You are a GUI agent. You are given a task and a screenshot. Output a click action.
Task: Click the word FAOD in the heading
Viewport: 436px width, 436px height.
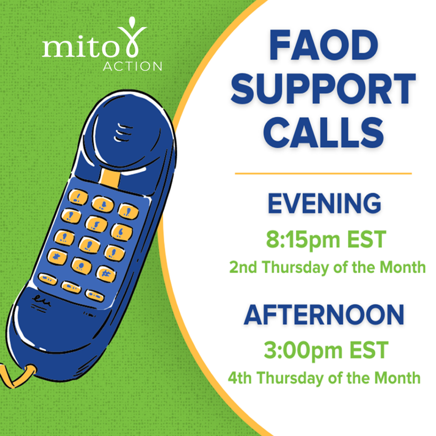pos(324,45)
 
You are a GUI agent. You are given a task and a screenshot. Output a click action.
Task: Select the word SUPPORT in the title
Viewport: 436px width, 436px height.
pos(323,89)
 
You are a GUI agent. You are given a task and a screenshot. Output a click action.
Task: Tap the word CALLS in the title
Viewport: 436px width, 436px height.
pos(324,132)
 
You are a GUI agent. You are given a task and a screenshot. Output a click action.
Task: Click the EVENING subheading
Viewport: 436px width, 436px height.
pos(324,203)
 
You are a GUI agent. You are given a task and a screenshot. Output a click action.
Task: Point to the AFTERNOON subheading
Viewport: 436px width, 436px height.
pos(324,315)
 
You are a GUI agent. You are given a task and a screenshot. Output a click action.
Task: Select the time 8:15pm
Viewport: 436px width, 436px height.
pos(303,240)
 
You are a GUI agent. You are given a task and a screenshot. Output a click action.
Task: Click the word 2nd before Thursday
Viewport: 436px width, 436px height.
pos(243,267)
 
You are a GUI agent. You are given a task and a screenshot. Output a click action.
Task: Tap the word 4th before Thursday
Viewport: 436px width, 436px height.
pos(240,378)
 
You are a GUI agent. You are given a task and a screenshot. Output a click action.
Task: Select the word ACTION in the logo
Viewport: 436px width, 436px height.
pos(133,66)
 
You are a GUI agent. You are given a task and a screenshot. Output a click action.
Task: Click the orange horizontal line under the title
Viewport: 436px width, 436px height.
pos(323,174)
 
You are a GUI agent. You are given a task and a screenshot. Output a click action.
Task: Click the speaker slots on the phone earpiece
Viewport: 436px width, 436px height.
pos(123,132)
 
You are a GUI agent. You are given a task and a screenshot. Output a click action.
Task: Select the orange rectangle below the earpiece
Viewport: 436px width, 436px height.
pos(110,178)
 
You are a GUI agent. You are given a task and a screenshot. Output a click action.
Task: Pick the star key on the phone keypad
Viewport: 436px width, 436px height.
pos(57,256)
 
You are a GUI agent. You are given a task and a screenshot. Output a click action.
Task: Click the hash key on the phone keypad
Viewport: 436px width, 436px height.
pos(106,274)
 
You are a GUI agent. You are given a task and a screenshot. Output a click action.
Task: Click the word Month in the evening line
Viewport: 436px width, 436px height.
pos(403,267)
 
